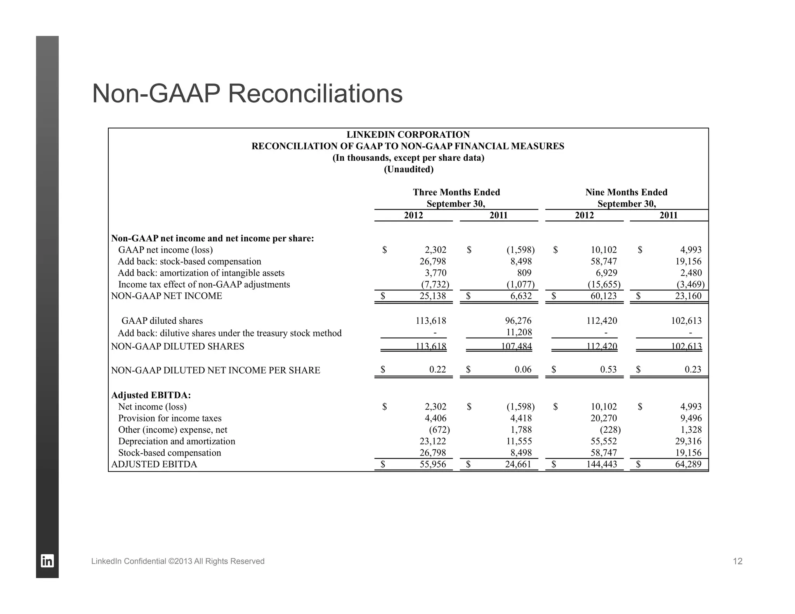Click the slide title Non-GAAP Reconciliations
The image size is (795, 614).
[247, 94]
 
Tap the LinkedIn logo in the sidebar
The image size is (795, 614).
[47, 561]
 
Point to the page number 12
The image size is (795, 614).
[738, 561]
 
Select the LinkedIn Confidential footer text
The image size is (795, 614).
[178, 561]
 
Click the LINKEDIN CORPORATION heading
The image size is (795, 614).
[408, 135]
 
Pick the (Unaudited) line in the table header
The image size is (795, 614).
[408, 169]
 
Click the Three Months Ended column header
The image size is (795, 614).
[456, 193]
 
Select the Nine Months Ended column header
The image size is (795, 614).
[626, 193]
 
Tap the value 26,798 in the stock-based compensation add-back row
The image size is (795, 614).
[433, 262]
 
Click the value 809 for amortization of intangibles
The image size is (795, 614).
[524, 273]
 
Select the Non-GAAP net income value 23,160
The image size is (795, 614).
[688, 296]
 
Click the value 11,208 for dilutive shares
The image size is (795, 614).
[519, 332]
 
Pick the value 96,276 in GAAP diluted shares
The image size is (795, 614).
[519, 321]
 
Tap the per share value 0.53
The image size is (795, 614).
[608, 369]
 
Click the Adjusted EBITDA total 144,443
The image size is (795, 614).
[601, 464]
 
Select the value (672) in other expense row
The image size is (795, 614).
[439, 430]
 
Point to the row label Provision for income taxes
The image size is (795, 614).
[170, 418]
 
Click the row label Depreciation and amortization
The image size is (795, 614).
[177, 441]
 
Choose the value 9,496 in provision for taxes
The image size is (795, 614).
[691, 418]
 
